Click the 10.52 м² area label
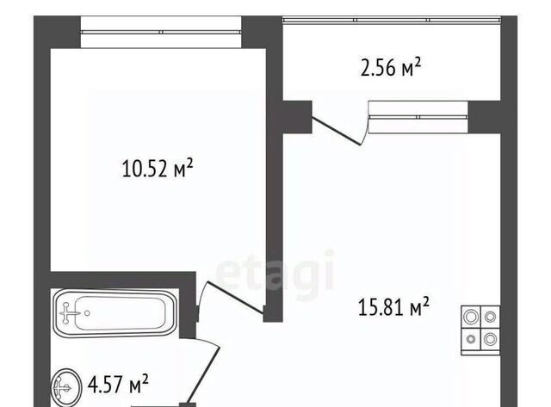pyautogui.click(x=158, y=168)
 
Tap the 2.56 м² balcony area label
pyautogui.click(x=390, y=67)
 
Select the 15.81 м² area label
pyautogui.click(x=393, y=306)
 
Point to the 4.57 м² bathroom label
pyautogui.click(x=118, y=384)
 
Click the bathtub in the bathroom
pyautogui.click(x=115, y=313)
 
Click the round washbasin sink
pyautogui.click(x=66, y=388)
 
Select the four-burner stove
pyautogui.click(x=480, y=330)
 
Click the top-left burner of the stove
pyautogui.click(x=471, y=317)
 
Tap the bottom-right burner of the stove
pyautogui.click(x=490, y=339)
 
